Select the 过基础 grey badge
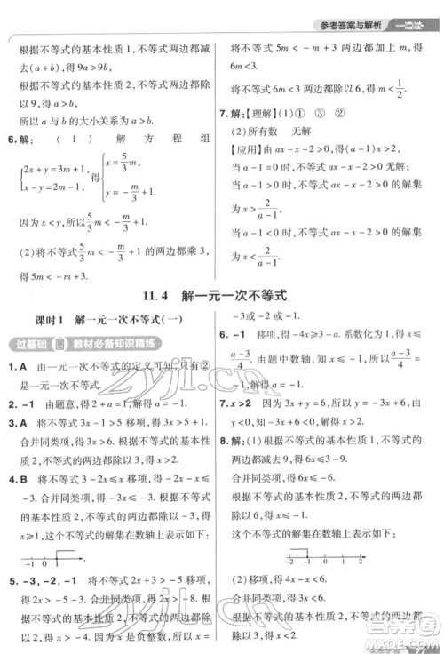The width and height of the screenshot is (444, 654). pos(24,344)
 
